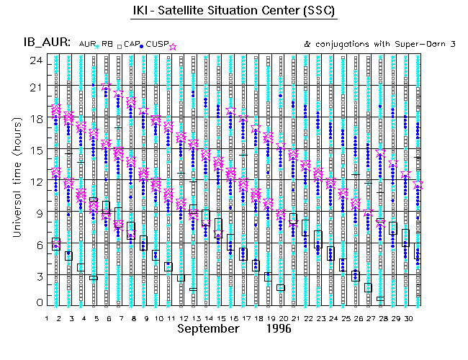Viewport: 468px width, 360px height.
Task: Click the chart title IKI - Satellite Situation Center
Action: pos(233,11)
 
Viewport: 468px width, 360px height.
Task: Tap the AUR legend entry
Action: pos(86,45)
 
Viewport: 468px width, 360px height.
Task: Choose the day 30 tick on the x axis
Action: pos(408,317)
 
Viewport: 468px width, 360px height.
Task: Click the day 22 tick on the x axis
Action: pos(308,317)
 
